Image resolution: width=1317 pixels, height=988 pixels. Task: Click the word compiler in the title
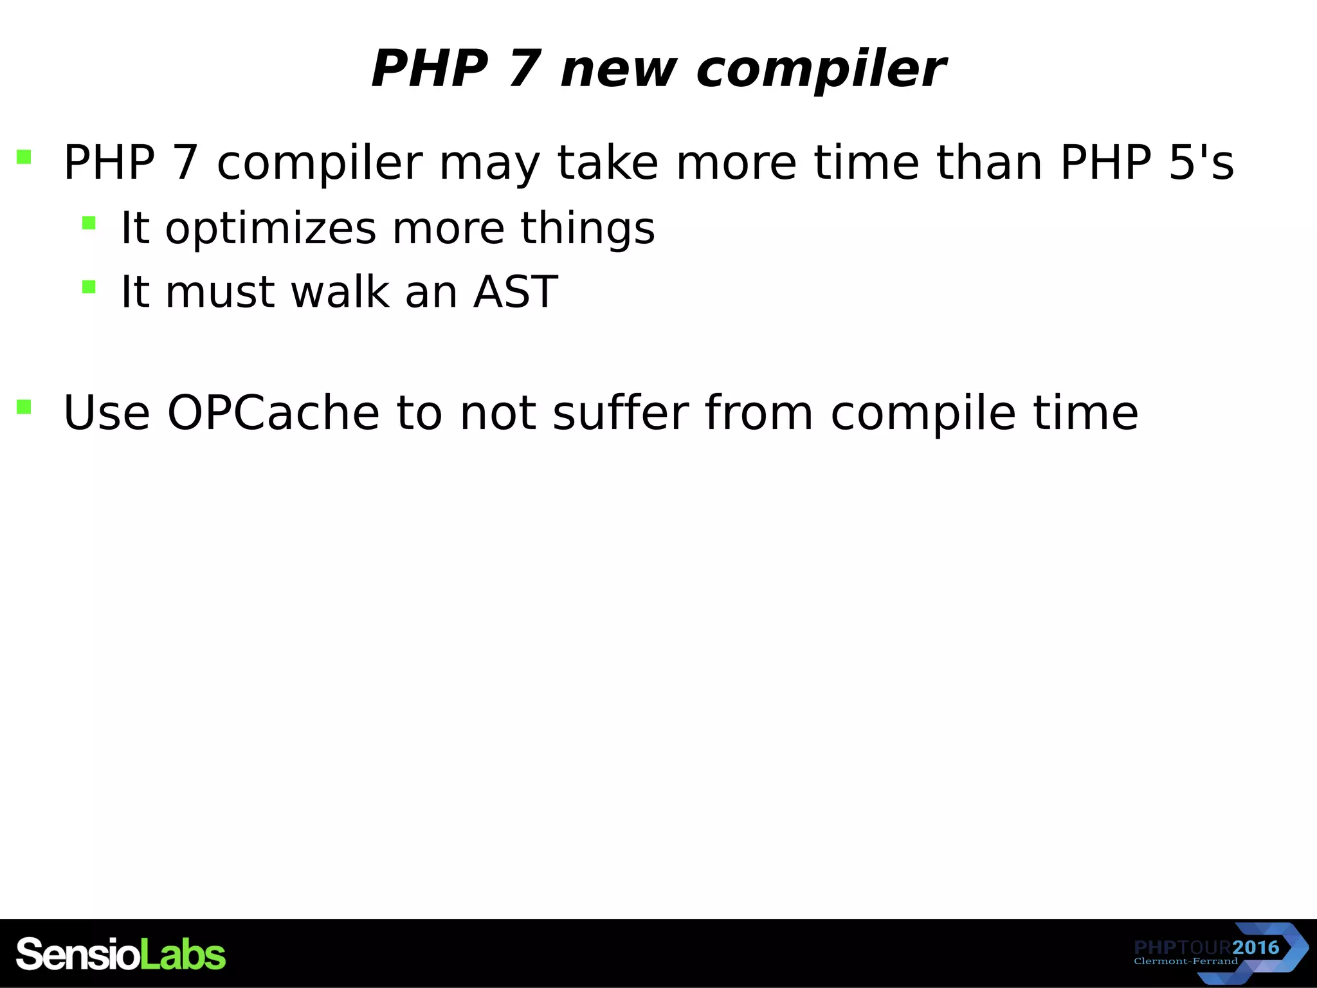[821, 69]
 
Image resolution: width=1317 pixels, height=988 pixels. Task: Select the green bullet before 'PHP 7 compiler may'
[24, 157]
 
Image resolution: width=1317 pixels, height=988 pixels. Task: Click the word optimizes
[270, 229]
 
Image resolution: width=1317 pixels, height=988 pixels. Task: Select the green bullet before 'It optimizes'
[89, 223]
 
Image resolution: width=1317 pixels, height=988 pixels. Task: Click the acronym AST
[515, 292]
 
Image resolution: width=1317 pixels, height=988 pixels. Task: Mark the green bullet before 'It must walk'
[89, 287]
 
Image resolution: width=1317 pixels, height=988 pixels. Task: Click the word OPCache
[273, 412]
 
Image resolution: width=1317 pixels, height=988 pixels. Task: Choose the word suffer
[621, 412]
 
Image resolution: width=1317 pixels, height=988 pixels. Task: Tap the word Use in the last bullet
[106, 412]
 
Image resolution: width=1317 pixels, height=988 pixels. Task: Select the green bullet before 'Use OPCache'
[24, 407]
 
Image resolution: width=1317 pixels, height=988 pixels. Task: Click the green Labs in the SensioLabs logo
[183, 955]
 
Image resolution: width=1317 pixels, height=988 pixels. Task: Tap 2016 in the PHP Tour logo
[1256, 947]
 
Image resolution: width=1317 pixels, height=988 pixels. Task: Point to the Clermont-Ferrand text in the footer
[1185, 962]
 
